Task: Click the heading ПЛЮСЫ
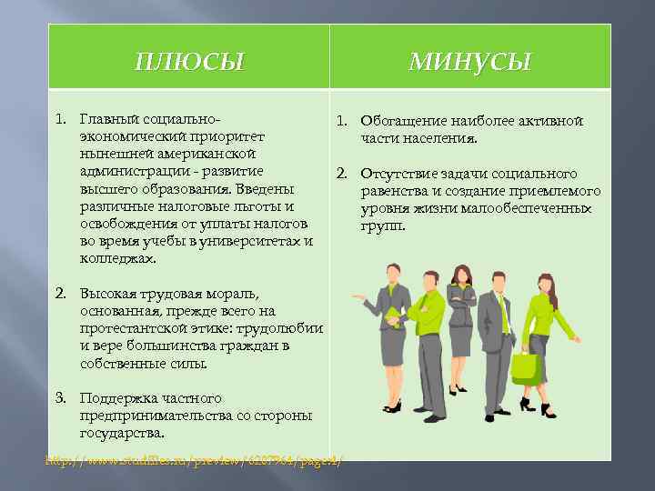pyautogui.click(x=189, y=62)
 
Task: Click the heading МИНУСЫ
pyautogui.click(x=469, y=62)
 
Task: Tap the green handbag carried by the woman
pyautogui.click(x=526, y=366)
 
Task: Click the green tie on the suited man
pyautogui.click(x=501, y=314)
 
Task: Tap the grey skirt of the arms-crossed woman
pyautogui.click(x=460, y=336)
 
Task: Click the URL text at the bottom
pyautogui.click(x=196, y=461)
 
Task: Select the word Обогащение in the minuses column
pyautogui.click(x=396, y=121)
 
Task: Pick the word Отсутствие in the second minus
pyautogui.click(x=397, y=174)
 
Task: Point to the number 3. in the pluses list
pyautogui.click(x=61, y=398)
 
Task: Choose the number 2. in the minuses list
pyautogui.click(x=342, y=174)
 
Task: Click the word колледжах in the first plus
pyautogui.click(x=116, y=258)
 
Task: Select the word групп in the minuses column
pyautogui.click(x=381, y=225)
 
